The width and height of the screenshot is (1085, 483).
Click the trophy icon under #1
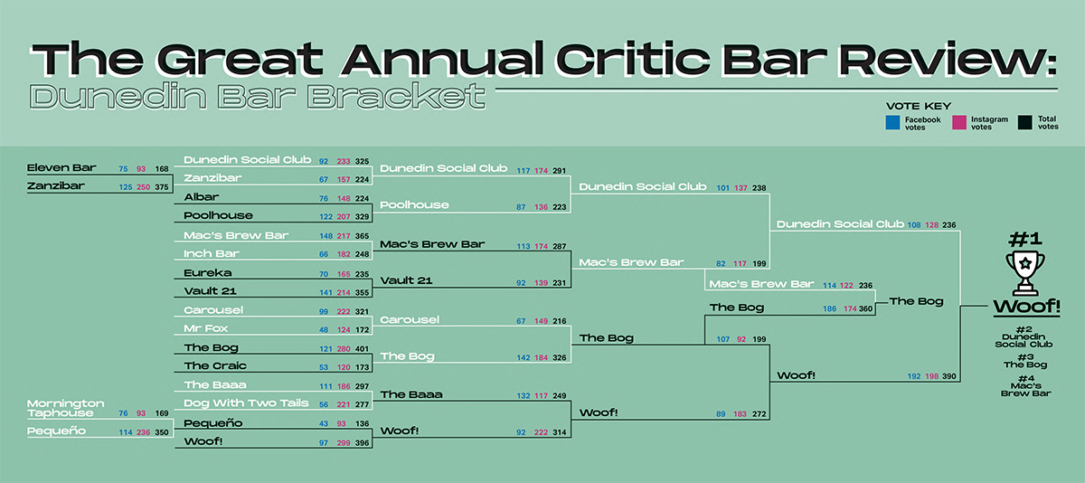tap(1025, 273)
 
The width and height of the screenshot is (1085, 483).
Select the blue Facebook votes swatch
tap(892, 123)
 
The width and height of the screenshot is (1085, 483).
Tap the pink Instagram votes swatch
tap(959, 122)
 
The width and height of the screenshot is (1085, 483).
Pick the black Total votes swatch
tap(1024, 122)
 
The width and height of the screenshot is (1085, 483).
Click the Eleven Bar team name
tap(61, 167)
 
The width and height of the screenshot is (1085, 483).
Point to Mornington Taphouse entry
tap(65, 408)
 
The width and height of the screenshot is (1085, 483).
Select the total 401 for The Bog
tap(362, 349)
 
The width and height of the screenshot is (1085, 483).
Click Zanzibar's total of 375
tap(162, 187)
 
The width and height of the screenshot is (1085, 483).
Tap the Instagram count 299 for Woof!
tap(344, 443)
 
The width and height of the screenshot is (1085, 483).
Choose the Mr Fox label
tap(206, 328)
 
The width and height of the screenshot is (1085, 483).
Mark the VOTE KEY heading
tap(919, 106)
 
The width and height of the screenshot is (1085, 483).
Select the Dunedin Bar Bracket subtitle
tap(257, 96)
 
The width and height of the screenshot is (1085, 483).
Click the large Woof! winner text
tap(1027, 307)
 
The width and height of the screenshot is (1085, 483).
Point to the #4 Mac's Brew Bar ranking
tap(1026, 385)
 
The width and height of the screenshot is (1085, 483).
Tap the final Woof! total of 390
tap(949, 376)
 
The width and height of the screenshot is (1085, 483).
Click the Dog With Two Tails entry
tap(246, 403)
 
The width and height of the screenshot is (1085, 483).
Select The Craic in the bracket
tap(215, 365)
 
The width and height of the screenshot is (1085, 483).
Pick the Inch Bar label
tap(212, 254)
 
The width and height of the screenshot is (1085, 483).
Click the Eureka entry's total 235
tap(362, 274)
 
